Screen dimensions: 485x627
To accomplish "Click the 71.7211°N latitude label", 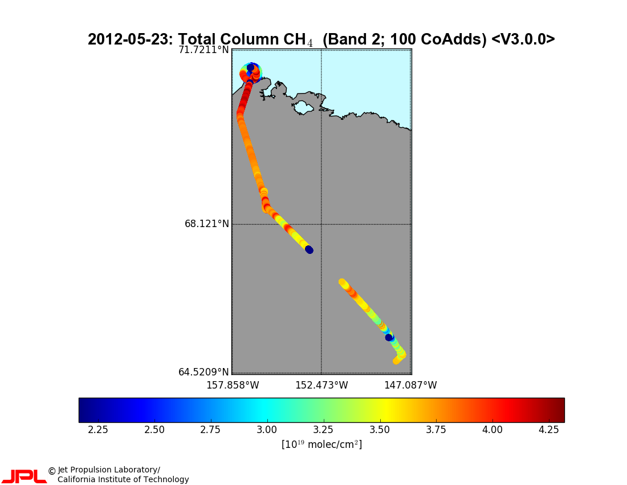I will [x=203, y=50].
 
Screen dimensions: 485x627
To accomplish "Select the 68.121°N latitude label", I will [x=206, y=224].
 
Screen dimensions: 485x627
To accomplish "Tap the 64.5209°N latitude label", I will [x=203, y=372].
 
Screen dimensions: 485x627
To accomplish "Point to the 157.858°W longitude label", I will [x=233, y=385].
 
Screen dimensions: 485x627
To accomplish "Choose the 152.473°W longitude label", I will [x=321, y=385].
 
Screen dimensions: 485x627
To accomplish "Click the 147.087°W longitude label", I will [x=410, y=385].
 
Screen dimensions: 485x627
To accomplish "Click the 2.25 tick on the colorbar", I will [x=98, y=429].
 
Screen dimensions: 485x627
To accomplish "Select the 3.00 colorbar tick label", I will [x=267, y=429].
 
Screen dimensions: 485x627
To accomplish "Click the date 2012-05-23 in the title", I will [x=128, y=39].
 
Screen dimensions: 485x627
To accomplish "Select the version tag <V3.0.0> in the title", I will [x=523, y=39].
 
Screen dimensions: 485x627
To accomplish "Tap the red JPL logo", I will [x=24, y=476].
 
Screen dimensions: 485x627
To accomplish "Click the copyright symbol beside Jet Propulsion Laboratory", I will [x=51, y=471].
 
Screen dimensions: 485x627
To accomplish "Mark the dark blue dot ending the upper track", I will [x=309, y=249].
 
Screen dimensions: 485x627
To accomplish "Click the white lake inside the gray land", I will [x=302, y=107].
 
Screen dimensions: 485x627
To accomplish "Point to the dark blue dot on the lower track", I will [x=389, y=337].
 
